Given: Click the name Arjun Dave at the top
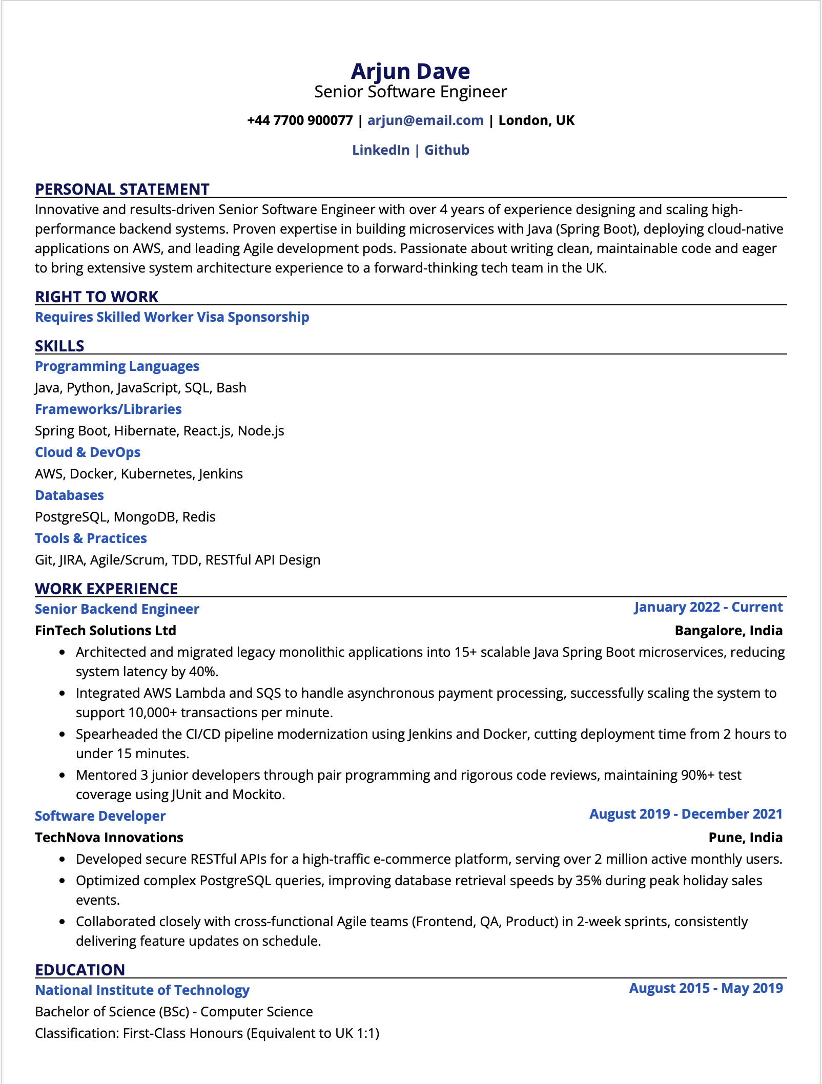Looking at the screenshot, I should (x=410, y=71).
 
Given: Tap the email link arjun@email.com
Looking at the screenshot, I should (x=425, y=120).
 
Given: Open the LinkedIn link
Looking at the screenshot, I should (x=381, y=150).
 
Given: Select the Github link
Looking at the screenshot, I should (x=447, y=150).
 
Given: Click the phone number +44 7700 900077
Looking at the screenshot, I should (x=300, y=120).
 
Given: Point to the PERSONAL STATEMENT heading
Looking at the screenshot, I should (x=122, y=189).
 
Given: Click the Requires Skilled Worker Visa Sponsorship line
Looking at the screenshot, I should (x=172, y=317).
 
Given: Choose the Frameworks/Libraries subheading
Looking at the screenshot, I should (x=108, y=409).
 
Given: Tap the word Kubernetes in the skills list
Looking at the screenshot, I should (x=156, y=474).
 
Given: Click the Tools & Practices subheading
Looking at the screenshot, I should (x=91, y=538).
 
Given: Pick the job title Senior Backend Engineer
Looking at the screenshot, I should (x=117, y=609).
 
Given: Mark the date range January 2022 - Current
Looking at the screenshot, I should (x=708, y=607).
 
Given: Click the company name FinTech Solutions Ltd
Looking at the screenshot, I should (x=106, y=631).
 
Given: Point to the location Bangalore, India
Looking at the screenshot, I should (x=728, y=631).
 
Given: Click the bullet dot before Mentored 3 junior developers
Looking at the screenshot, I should (x=63, y=776).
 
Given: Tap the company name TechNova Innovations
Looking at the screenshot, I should (x=109, y=838).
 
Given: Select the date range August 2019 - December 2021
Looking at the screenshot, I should (x=686, y=814).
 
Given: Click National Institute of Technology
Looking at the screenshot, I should (x=142, y=990).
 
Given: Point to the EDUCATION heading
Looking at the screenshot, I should (x=80, y=970).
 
